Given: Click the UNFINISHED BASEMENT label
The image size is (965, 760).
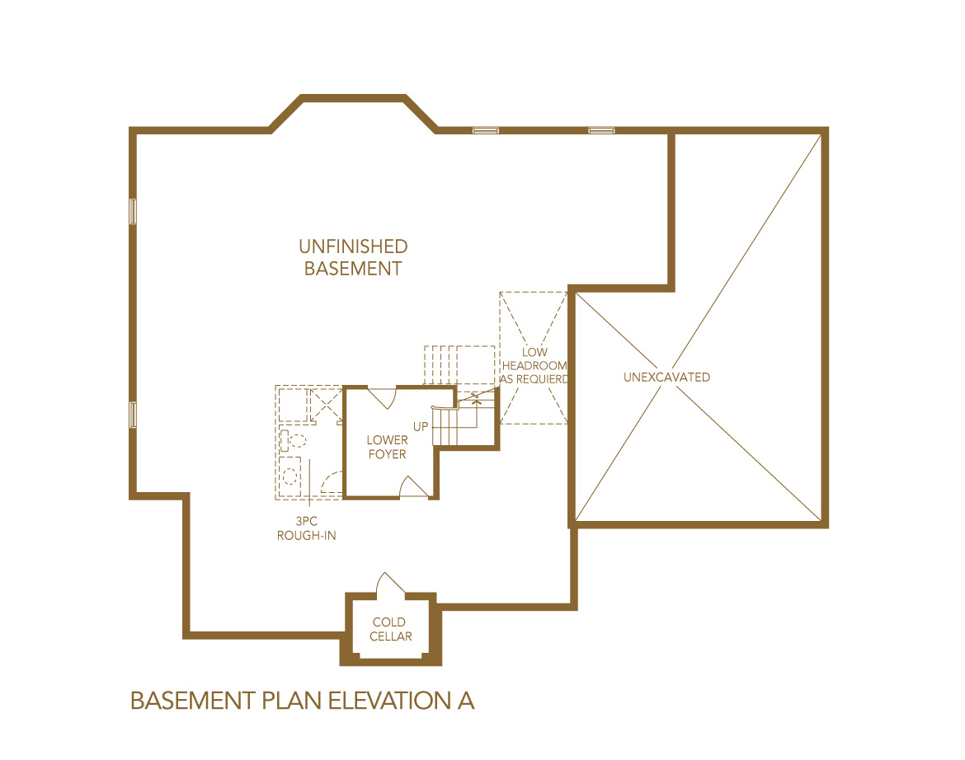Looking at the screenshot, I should [353, 257].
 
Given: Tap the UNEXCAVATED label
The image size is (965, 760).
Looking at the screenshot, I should [666, 378].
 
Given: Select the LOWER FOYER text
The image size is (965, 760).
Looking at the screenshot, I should [388, 448].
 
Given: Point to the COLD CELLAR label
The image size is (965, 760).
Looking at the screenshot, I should [391, 630].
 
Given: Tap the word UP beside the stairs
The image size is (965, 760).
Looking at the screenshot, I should [421, 427].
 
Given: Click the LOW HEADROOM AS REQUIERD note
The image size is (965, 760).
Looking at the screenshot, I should [535, 366].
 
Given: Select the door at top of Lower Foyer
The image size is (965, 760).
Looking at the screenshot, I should [382, 396].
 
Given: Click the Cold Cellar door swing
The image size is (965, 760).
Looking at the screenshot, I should [388, 583].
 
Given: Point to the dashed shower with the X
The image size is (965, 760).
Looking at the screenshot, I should [325, 406].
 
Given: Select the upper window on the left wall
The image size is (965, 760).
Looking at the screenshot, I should [132, 211].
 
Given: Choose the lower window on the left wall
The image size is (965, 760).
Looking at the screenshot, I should [132, 414].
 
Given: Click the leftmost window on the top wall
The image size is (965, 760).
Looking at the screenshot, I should [485, 130].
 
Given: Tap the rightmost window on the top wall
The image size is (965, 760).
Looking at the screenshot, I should [601, 130].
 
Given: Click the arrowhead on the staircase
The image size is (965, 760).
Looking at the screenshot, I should [476, 401].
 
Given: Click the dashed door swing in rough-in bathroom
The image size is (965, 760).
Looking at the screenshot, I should [331, 481].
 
